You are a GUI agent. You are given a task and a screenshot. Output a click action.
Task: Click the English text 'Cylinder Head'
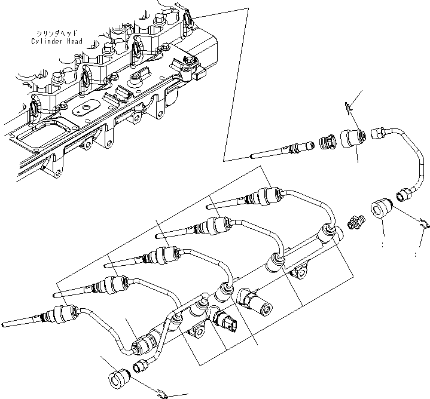[58, 42]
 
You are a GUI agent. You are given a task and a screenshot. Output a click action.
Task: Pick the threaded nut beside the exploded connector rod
[327, 143]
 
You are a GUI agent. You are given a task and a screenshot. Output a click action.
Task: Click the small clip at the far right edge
[424, 225]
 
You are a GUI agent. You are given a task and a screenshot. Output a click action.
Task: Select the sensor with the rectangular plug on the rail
[227, 321]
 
